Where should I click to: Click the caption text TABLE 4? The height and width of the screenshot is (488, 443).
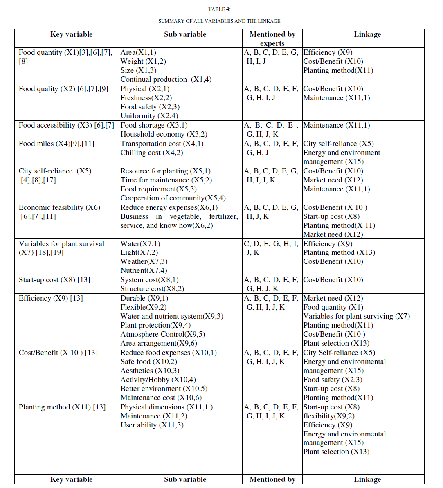tap(219, 9)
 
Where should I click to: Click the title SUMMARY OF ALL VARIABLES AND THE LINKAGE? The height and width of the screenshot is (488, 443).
tap(219, 21)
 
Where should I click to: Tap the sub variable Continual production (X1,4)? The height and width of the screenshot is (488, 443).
tap(166, 79)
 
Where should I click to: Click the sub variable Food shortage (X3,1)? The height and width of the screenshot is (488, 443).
tap(154, 125)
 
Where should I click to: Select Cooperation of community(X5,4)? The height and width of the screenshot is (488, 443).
tap(173, 198)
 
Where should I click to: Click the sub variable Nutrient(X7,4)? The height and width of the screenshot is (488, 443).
tap(144, 270)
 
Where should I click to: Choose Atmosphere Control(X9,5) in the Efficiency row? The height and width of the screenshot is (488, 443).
tap(162, 334)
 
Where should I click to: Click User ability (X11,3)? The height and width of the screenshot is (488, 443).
tap(152, 425)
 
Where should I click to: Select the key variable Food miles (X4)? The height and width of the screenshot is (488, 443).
tap(56, 144)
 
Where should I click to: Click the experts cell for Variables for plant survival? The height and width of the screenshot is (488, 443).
tap(272, 248)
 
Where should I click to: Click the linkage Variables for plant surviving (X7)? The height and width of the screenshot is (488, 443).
tap(356, 316)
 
